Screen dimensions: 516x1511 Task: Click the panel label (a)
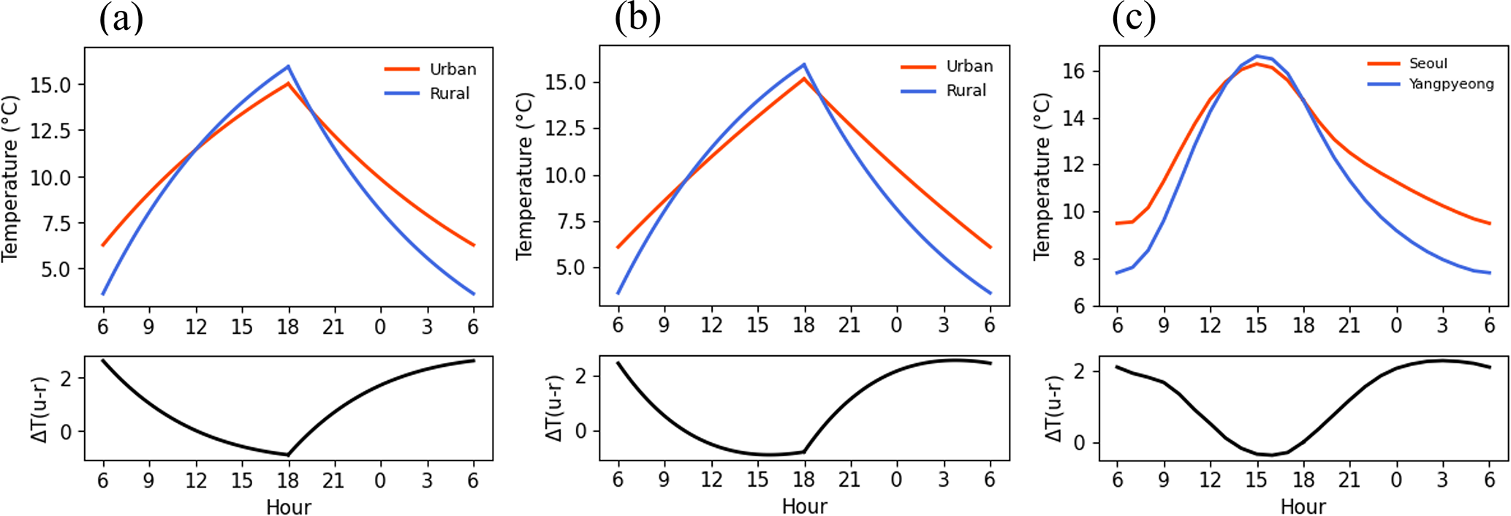point(121,18)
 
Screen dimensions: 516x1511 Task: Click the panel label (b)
point(637,18)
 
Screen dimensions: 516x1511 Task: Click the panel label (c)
point(1134,18)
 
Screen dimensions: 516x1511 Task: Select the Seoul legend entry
point(1428,64)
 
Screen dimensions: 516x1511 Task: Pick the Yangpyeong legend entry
point(1451,84)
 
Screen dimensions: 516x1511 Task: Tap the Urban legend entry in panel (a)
point(452,69)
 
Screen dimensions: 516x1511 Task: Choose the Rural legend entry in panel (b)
point(966,91)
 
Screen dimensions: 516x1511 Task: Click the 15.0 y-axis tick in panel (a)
point(50,86)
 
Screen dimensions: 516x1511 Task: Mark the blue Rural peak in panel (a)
point(289,66)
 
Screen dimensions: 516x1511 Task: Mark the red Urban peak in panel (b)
point(804,78)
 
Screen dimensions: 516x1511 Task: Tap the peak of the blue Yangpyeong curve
point(1257,56)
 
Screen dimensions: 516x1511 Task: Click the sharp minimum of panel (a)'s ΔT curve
point(289,455)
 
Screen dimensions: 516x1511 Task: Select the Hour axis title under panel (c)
point(1303,506)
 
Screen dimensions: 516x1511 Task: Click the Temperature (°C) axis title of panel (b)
point(525,175)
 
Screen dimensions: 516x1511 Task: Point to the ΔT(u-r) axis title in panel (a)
point(41,409)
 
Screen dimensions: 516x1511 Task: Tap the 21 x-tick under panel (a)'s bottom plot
point(334,480)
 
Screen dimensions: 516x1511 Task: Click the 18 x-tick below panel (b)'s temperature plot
point(804,325)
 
